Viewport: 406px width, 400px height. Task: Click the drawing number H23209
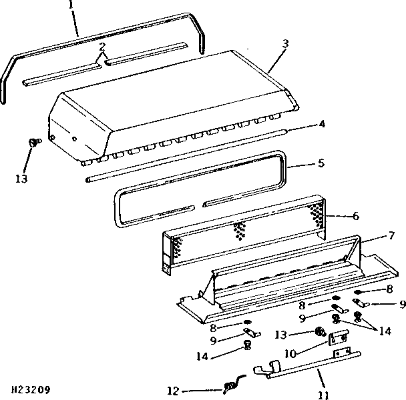[x=31, y=389]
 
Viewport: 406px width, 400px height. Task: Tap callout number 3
[x=285, y=44]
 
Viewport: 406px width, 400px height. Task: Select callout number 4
[x=322, y=124]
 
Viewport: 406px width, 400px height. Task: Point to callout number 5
[x=321, y=163]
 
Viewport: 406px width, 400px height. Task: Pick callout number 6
[x=356, y=216]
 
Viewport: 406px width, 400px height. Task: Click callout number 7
[x=392, y=235]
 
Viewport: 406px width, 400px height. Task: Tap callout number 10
[x=290, y=353]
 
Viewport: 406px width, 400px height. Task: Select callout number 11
[x=324, y=395]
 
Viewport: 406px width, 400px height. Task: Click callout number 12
[x=173, y=391]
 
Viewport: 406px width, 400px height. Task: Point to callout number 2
[x=102, y=47]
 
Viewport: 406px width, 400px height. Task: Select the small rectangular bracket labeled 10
[x=339, y=337]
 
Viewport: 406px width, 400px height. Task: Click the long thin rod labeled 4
[x=186, y=155]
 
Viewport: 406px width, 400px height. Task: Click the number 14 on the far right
[x=385, y=331]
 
